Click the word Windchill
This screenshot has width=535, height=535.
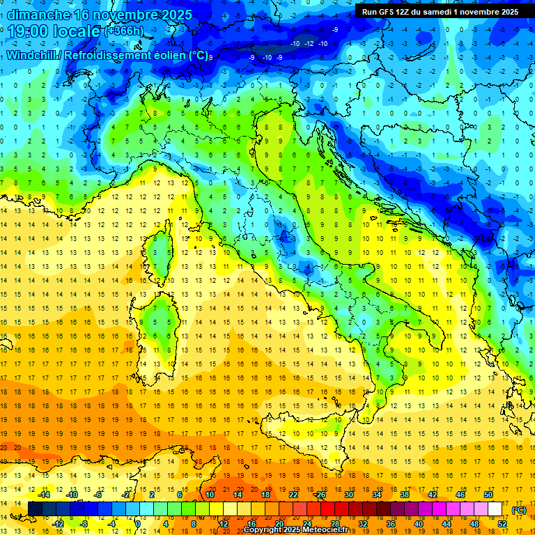point(32,55)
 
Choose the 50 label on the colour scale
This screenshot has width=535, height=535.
point(488,495)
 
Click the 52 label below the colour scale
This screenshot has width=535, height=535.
point(502,523)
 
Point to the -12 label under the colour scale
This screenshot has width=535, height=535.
point(59,523)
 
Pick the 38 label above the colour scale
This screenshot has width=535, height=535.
point(404,495)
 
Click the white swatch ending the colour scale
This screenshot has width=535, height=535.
point(495,509)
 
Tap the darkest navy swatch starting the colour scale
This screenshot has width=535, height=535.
point(35,509)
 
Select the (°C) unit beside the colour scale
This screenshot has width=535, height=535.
point(518,510)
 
